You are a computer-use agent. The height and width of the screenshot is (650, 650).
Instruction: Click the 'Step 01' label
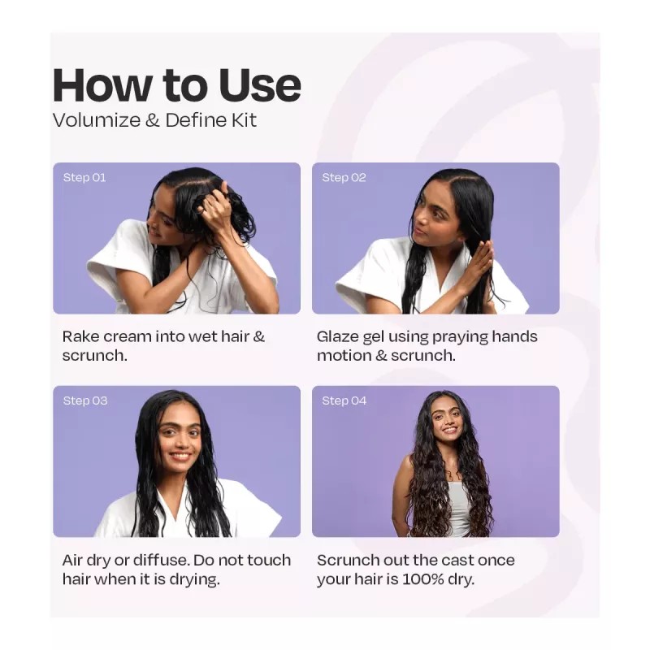coord(84,178)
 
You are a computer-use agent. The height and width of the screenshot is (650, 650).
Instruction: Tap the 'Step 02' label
coord(344,178)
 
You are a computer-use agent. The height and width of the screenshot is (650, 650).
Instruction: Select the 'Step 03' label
coord(85,401)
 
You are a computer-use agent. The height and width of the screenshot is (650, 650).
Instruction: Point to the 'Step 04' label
coord(344,401)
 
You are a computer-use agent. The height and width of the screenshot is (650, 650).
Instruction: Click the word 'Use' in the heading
coord(260,85)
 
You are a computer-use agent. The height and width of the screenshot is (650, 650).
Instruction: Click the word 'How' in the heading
coord(102,85)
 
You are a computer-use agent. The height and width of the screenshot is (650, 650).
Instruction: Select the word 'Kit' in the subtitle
coord(245,120)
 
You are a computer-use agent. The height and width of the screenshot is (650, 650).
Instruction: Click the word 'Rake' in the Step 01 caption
coord(80,336)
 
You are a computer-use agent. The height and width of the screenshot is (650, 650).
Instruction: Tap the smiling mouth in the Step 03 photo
coord(180,457)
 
